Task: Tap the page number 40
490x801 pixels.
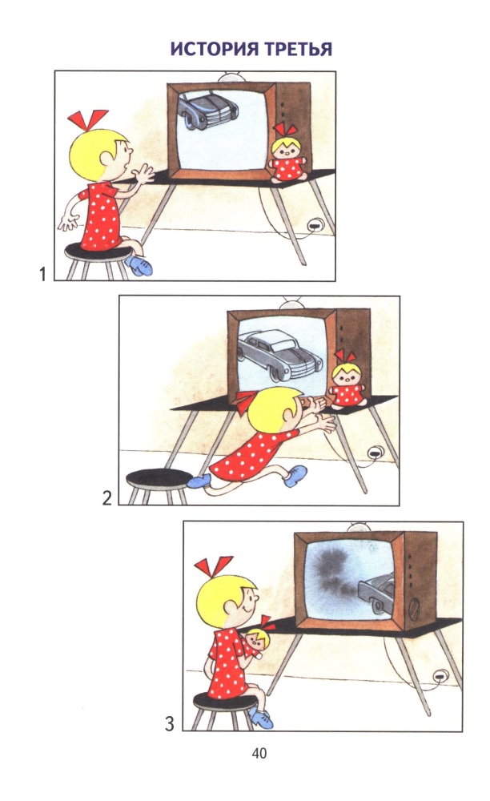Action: coord(259,753)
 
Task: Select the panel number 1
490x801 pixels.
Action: coord(43,274)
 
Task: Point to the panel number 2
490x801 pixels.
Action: coord(106,498)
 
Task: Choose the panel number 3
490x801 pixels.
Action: coord(170,724)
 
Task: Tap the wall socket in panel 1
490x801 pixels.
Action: coord(315,224)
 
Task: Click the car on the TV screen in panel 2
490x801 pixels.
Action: coord(279,355)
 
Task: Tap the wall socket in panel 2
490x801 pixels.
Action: coord(376,452)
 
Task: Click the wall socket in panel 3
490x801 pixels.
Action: coord(440,678)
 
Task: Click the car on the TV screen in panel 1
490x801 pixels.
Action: coord(207,110)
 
